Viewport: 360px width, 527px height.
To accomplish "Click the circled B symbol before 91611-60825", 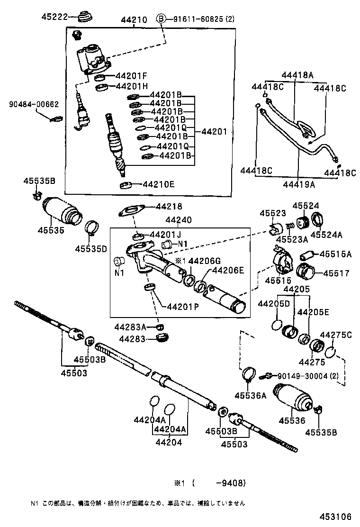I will click(162, 19).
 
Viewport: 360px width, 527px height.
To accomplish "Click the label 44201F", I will click(132, 76).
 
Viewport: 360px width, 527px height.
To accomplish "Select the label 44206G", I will click(205, 261).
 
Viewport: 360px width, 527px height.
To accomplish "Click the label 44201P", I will click(183, 306).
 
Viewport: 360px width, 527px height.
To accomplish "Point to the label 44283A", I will click(131, 327).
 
